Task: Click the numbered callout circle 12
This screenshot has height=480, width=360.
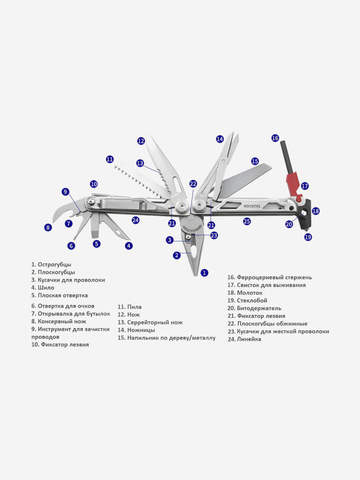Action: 141,141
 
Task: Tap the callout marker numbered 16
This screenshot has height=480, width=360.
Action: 275,138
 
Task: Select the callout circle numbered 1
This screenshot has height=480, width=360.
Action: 204,272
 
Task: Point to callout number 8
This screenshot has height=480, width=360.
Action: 48,227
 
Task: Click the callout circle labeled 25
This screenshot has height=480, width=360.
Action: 247,221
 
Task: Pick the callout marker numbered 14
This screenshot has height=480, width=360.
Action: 220,139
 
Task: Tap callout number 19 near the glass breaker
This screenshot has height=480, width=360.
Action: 308,237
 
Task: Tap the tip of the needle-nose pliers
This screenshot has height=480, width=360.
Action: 196,275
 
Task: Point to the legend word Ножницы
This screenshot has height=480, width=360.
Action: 141,330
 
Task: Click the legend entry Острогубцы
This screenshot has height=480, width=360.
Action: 54,264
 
